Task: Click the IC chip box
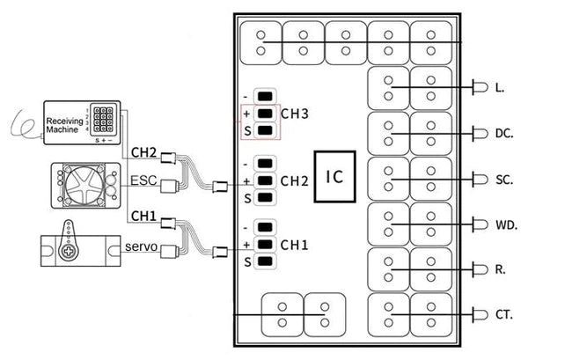pyautogui.click(x=334, y=177)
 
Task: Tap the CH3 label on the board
pyautogui.click(x=294, y=114)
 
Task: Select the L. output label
pyautogui.click(x=499, y=88)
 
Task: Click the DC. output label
pyautogui.click(x=503, y=134)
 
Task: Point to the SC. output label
pyautogui.click(x=503, y=179)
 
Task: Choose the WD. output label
pyautogui.click(x=505, y=224)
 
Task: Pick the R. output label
pyautogui.click(x=500, y=269)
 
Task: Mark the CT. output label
pyautogui.click(x=503, y=314)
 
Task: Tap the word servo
pyautogui.click(x=141, y=246)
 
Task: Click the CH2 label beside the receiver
pyautogui.click(x=143, y=152)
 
